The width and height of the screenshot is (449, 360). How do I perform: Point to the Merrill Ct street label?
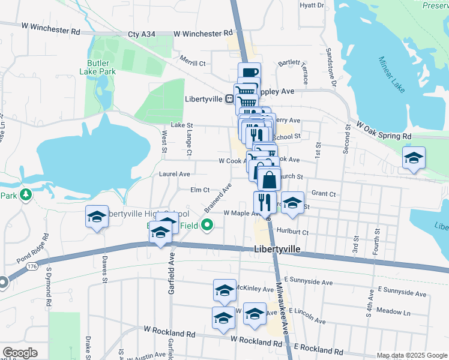click(193, 63)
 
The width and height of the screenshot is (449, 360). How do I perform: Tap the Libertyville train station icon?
click(229, 99)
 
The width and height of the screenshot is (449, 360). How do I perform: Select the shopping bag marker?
click(270, 178)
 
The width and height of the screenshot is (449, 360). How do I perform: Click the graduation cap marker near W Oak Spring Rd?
click(413, 157)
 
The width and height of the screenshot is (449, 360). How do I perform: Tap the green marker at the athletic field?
click(207, 226)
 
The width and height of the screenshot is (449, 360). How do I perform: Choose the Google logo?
click(20, 353)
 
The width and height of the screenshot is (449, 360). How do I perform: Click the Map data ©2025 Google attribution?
click(412, 355)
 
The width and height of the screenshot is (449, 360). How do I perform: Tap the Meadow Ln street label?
click(394, 312)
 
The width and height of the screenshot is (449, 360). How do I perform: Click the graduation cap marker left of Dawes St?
click(96, 217)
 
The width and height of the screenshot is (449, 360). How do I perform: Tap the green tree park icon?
click(25, 195)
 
